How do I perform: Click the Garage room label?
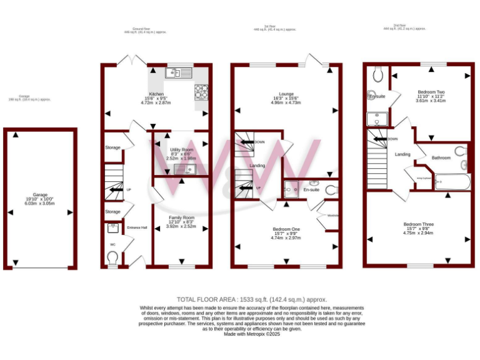click(x=39, y=195)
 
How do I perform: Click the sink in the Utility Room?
click(x=186, y=169)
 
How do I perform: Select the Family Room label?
click(x=181, y=217)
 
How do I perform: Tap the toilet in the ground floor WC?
click(x=113, y=257)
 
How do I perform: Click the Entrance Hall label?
click(x=137, y=227)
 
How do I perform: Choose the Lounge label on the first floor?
click(x=286, y=94)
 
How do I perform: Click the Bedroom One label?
click(x=286, y=229)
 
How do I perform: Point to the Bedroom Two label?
click(x=431, y=92)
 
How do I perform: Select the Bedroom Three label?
click(x=418, y=224)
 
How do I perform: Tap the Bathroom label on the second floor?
click(x=441, y=157)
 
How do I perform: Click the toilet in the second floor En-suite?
click(x=377, y=74)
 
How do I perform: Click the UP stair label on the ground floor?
click(x=129, y=189)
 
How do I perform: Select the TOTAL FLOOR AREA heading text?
click(x=252, y=300)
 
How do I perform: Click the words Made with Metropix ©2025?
click(x=252, y=334)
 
